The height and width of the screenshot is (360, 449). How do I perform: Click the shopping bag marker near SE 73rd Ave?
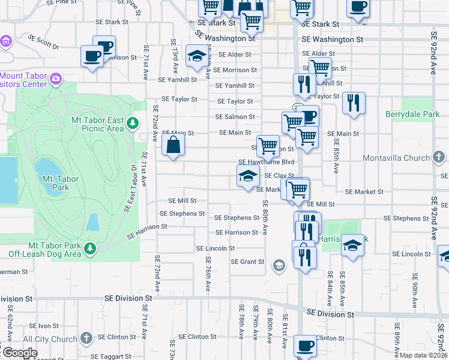[x=173, y=145]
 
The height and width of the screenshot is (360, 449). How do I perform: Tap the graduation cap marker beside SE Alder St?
[x=196, y=56]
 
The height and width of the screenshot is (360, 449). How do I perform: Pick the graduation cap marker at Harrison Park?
[x=353, y=245]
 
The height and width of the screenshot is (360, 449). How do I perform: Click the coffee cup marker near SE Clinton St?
[x=305, y=346]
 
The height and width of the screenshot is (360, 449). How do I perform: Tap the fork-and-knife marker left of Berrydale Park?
[x=354, y=103]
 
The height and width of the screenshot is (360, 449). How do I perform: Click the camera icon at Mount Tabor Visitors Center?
[x=56, y=79]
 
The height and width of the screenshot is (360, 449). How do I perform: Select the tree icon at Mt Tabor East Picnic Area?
[x=132, y=124]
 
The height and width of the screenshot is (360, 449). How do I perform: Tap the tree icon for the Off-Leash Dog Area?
[x=90, y=247]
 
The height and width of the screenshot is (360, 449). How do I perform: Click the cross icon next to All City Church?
[x=86, y=339]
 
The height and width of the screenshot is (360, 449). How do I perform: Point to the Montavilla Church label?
[x=397, y=158]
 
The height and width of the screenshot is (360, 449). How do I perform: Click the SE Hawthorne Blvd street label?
[x=267, y=162]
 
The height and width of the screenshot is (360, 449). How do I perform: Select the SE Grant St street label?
[x=248, y=262]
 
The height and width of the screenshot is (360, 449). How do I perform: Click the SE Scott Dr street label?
[x=44, y=42]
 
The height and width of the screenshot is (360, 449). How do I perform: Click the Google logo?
[x=19, y=353]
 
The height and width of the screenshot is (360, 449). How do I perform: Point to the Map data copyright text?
[x=424, y=355]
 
